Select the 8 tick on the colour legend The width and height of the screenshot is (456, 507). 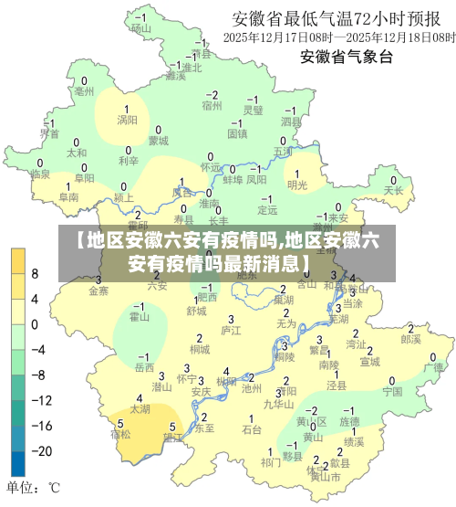[35, 273]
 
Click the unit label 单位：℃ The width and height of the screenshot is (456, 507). [35, 488]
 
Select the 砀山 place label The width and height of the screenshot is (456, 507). [140, 27]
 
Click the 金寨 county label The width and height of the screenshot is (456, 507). [98, 291]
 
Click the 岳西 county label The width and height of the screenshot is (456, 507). [144, 367]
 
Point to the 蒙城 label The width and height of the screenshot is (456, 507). [158, 141]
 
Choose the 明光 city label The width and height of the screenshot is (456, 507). [297, 185]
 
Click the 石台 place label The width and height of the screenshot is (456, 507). [252, 428]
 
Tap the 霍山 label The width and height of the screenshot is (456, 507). [140, 317]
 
